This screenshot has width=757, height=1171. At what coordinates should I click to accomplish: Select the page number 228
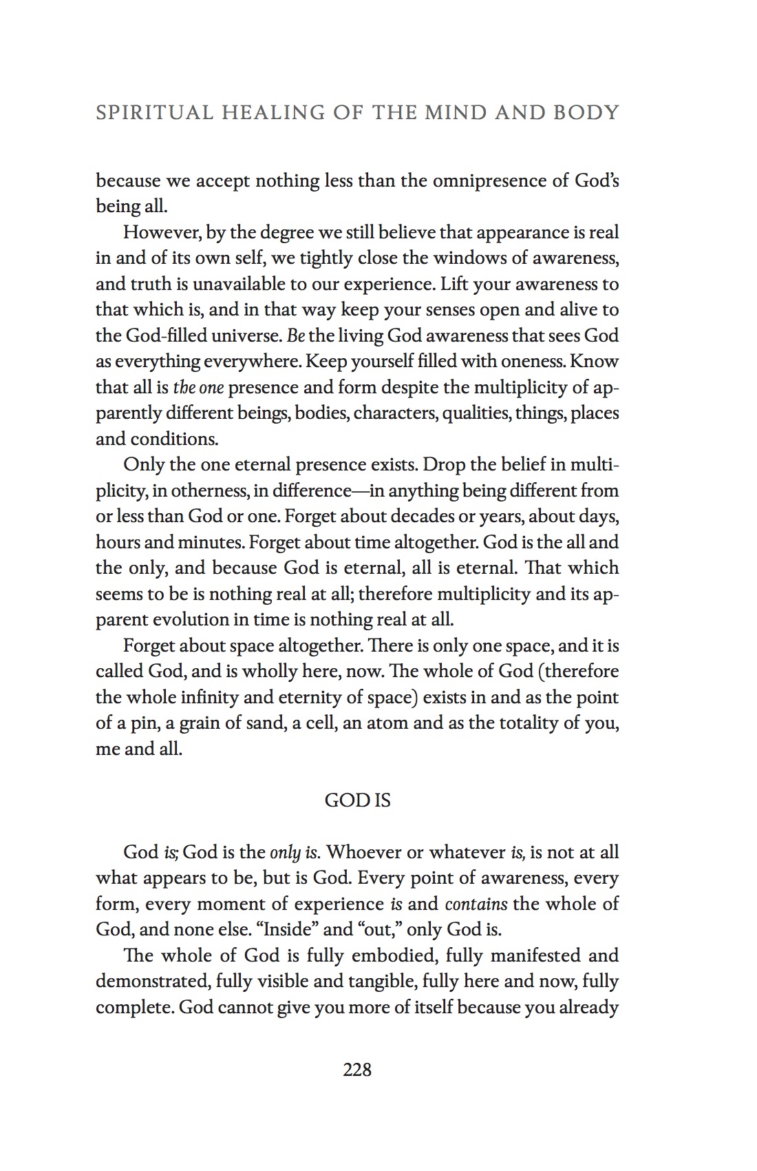[x=357, y=1070]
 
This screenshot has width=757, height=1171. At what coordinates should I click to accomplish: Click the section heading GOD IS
[x=357, y=800]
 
